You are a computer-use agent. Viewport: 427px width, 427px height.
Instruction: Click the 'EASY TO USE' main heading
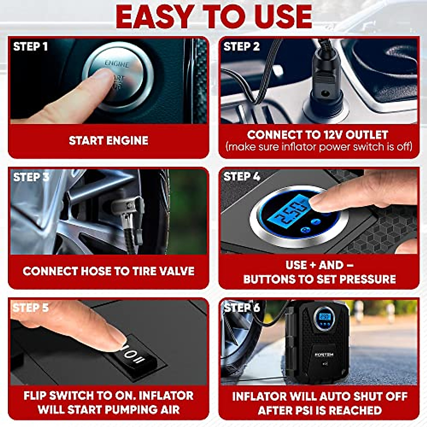click(214, 17)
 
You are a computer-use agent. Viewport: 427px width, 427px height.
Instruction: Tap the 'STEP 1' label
click(30, 47)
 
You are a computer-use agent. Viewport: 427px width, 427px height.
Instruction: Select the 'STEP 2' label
click(242, 47)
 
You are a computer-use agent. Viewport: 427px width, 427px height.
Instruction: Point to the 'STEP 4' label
click(242, 176)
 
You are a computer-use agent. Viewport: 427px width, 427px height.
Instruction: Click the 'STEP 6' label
click(242, 307)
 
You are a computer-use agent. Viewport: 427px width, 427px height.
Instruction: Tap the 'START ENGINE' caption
click(109, 141)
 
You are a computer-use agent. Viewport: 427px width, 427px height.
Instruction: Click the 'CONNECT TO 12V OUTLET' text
click(317, 135)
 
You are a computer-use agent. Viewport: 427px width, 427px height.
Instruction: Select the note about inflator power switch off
click(319, 147)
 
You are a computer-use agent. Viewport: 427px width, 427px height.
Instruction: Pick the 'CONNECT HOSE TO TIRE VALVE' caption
click(109, 271)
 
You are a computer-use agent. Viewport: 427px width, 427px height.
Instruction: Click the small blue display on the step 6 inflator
click(325, 316)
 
